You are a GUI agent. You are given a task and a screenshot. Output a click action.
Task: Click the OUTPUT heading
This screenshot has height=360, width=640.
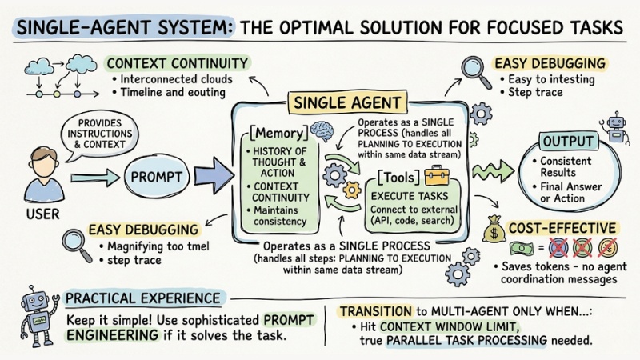coord(570,142)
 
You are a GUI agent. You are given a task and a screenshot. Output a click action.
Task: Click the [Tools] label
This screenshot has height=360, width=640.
coord(392,175)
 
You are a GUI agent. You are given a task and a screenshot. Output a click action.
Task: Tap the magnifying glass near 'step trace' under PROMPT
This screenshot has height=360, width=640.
coord(74,240)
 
